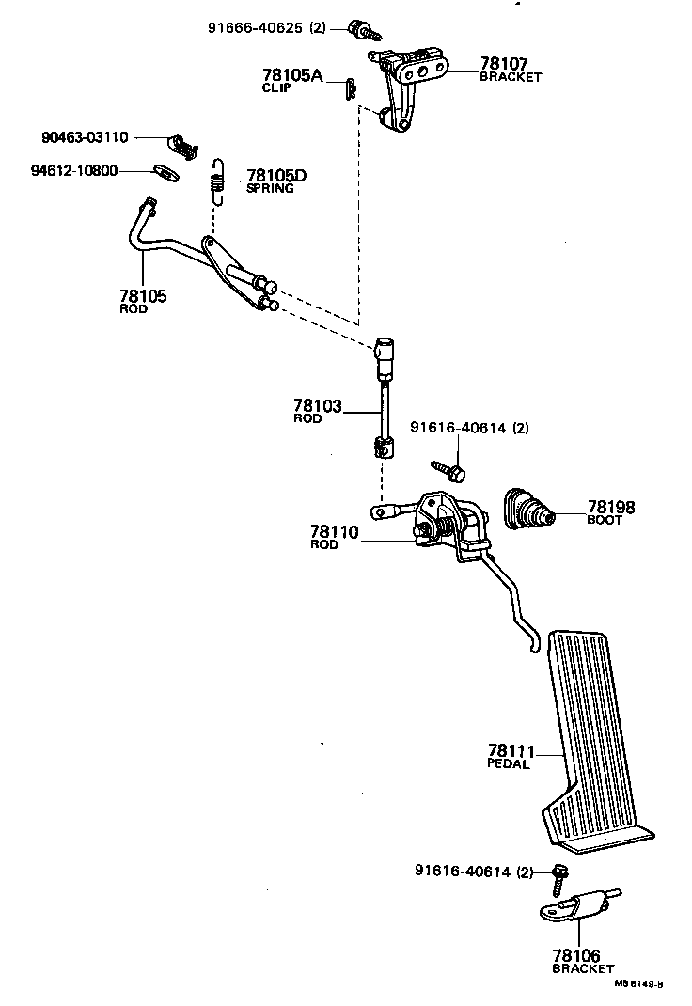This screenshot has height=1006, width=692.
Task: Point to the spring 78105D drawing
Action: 217,178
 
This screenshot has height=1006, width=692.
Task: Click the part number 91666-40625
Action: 255,28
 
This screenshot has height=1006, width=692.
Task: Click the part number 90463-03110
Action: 86,136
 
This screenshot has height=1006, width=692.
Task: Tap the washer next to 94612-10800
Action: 165,172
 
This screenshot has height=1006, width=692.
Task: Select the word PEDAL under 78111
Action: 509,763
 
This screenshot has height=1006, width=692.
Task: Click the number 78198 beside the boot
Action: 611,507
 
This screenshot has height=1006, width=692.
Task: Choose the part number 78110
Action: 334,532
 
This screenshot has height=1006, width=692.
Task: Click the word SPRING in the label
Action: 270,188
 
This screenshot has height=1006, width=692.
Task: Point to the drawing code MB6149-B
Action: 639,983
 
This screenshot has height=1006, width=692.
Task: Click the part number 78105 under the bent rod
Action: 143,296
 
